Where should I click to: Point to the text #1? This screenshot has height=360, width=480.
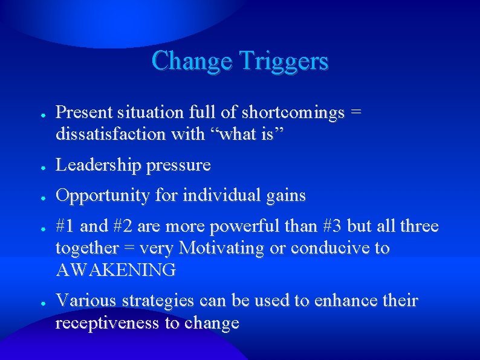(x=66, y=227)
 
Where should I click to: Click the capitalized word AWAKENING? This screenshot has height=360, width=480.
(x=116, y=269)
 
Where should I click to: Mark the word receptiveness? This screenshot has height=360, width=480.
(x=109, y=322)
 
